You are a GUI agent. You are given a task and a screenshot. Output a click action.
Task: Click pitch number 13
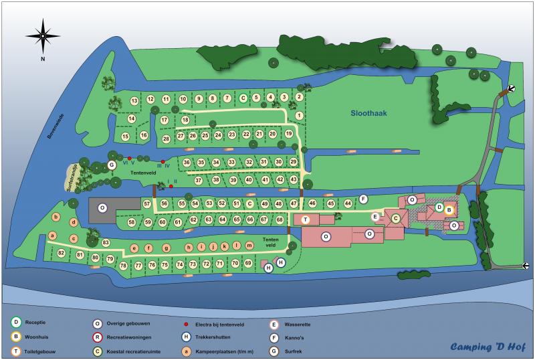point(134,101)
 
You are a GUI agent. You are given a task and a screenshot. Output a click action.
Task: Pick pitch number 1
point(299,116)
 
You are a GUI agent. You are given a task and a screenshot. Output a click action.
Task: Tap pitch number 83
point(106,242)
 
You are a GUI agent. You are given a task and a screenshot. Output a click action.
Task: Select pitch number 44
point(348,203)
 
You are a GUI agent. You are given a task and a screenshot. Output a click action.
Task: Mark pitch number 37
point(198,180)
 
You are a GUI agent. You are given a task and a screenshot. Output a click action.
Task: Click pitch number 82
point(61,253)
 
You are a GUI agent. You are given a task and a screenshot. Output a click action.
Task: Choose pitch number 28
point(166,139)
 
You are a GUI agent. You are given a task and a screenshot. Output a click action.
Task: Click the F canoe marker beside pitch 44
point(363,199)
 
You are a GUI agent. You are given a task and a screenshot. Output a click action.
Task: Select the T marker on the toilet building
point(305,219)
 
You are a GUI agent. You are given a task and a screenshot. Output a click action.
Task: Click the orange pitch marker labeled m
point(249,246)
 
